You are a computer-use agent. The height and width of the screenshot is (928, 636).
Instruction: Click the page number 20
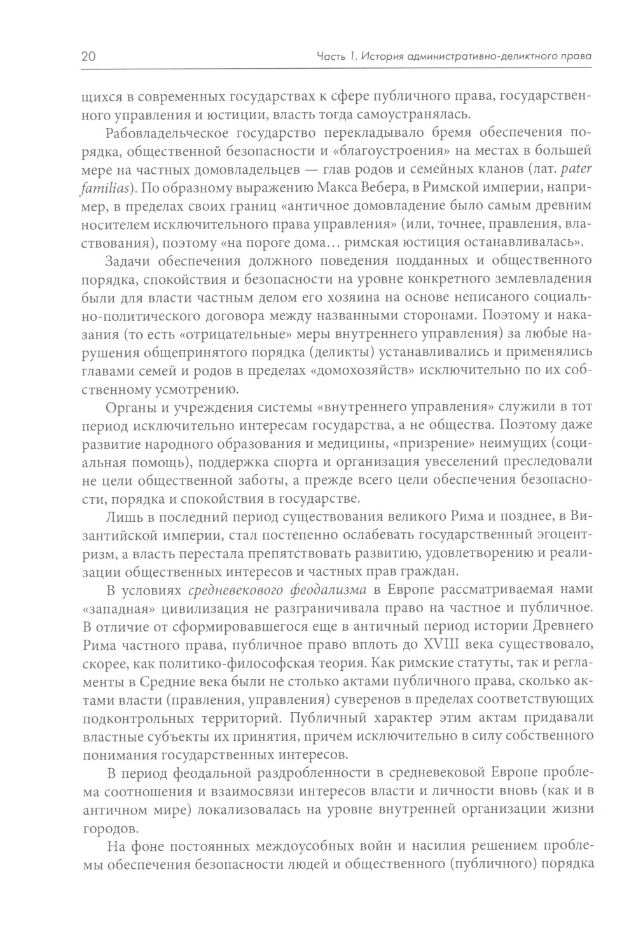coord(88,57)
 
